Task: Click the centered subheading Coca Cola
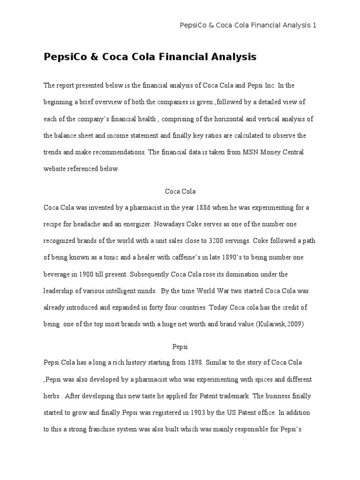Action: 180,191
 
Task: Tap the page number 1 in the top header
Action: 315,25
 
